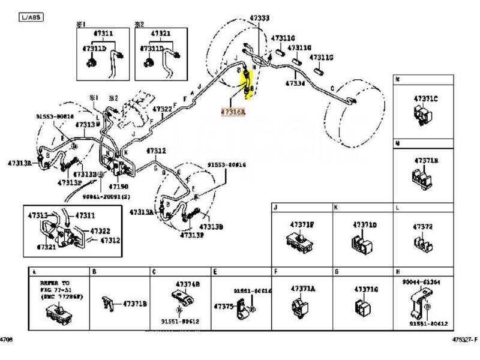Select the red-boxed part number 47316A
click(x=233, y=112)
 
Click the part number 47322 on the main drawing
click(x=161, y=109)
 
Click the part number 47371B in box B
click(x=134, y=304)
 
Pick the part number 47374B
click(x=188, y=283)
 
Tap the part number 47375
click(x=224, y=307)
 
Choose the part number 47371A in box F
click(x=303, y=289)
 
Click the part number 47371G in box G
click(x=366, y=289)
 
